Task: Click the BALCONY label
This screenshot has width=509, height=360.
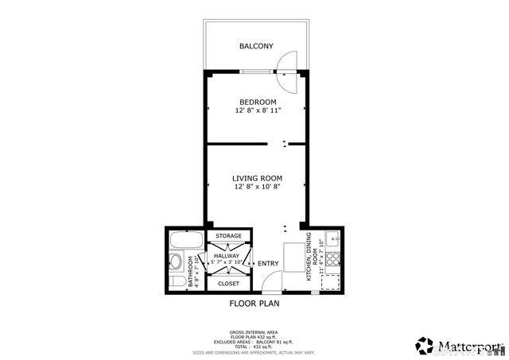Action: pyautogui.click(x=256, y=47)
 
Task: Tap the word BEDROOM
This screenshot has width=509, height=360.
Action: pyautogui.click(x=258, y=102)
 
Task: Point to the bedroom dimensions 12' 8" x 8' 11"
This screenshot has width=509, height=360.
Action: pyautogui.click(x=258, y=111)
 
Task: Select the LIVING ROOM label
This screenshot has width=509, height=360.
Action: pyautogui.click(x=257, y=178)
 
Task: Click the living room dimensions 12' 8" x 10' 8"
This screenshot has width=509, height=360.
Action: pyautogui.click(x=257, y=188)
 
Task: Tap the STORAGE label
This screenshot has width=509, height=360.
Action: pyautogui.click(x=228, y=236)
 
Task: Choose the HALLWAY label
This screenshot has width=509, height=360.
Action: pyautogui.click(x=227, y=255)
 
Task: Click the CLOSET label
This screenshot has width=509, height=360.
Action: pyautogui.click(x=228, y=283)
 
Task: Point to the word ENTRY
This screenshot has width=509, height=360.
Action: pyautogui.click(x=268, y=264)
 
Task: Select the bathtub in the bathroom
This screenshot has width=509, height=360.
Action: pyautogui.click(x=188, y=240)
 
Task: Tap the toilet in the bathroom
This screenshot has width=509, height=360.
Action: pyautogui.click(x=178, y=281)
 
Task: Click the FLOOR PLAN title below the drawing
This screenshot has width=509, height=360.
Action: pyautogui.click(x=254, y=303)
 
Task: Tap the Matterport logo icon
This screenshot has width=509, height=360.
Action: pyautogui.click(x=424, y=346)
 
